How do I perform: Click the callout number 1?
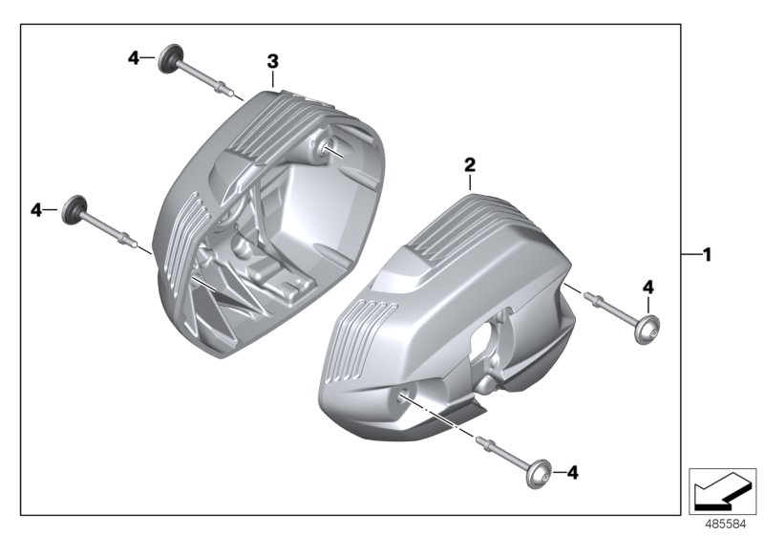707,254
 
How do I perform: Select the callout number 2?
470,164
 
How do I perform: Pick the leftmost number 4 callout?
36,209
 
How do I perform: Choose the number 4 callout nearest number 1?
647,287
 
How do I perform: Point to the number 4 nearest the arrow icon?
573,472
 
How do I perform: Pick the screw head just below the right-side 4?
647,326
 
